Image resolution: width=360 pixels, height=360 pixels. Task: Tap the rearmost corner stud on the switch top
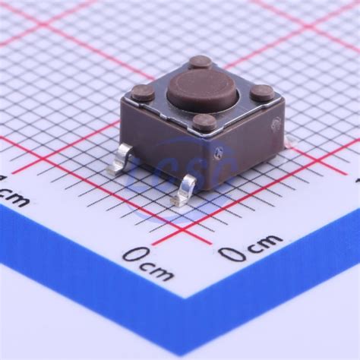[x=201, y=62]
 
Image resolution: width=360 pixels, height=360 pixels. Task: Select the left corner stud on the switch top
[x=143, y=93]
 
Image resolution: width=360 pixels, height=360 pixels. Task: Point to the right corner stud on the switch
[x=262, y=93]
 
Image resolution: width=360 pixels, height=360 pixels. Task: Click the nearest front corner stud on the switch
[x=204, y=122]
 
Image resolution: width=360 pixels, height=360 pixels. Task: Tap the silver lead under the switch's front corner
[x=185, y=191]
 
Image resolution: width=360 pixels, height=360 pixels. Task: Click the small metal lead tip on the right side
[x=287, y=140]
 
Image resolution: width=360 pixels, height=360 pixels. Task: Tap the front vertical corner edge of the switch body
[x=203, y=163]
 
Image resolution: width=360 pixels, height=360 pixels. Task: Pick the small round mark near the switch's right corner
[x=220, y=150]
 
